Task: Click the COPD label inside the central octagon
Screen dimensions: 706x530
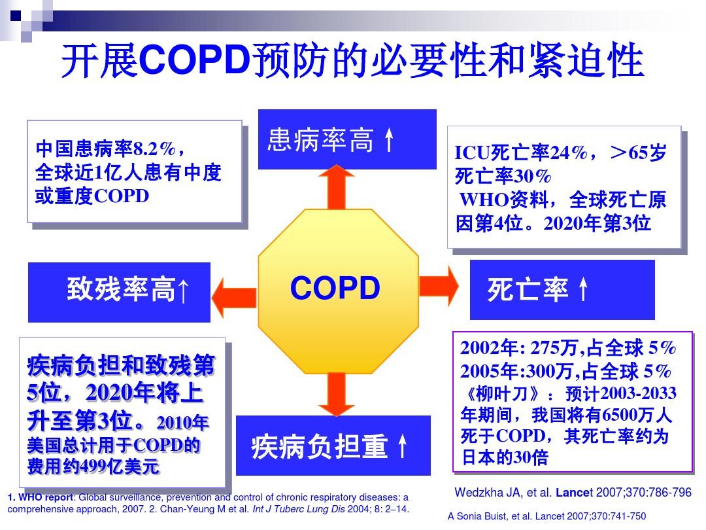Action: tap(335, 288)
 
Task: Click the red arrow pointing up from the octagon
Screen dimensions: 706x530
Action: tap(337, 186)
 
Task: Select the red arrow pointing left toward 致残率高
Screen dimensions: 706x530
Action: tap(234, 298)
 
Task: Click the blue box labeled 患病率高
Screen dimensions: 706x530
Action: tap(347, 139)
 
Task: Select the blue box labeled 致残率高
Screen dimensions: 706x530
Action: tap(120, 292)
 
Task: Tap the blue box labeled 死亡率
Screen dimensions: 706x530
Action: tap(562, 290)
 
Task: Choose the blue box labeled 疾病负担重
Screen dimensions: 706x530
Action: tap(333, 446)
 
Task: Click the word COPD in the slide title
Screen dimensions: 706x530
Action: tap(195, 60)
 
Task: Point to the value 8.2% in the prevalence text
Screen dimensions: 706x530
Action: tap(154, 149)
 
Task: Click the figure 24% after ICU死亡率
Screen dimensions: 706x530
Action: tap(569, 152)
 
